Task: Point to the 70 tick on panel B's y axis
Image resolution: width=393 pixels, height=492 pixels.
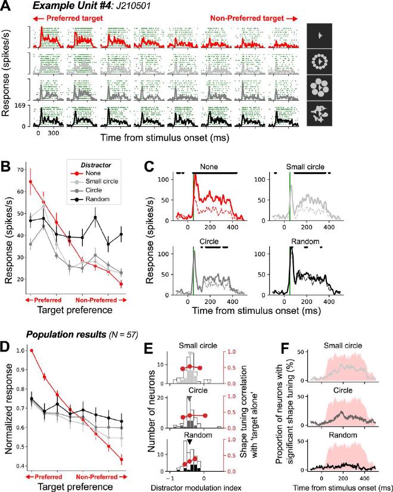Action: click(23, 170)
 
